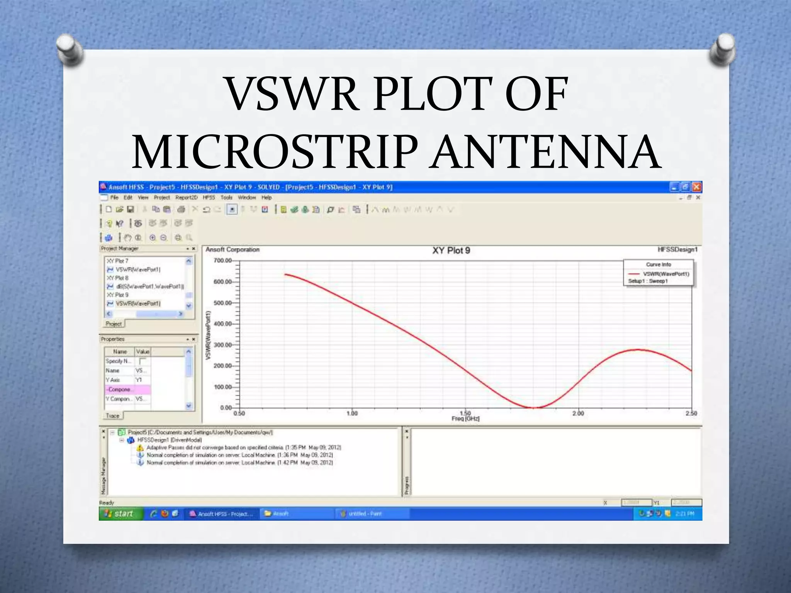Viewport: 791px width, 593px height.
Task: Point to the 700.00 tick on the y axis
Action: (x=223, y=261)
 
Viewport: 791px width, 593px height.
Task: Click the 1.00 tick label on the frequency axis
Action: (x=352, y=413)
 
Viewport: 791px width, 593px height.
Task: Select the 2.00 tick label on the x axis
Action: (x=578, y=413)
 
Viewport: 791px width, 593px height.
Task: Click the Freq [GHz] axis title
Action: (x=465, y=419)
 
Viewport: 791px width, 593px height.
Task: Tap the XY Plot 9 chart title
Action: (x=451, y=251)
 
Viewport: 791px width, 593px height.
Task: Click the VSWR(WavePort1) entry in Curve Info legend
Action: (x=666, y=274)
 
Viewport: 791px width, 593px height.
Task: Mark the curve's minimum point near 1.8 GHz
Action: (x=533, y=407)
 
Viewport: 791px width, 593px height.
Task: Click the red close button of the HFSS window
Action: (x=696, y=187)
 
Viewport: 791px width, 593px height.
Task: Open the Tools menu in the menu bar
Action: (x=226, y=198)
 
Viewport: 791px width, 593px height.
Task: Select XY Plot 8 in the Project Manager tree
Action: (x=117, y=278)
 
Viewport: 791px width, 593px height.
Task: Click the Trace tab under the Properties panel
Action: (x=113, y=416)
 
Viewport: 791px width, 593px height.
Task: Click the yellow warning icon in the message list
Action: (x=140, y=448)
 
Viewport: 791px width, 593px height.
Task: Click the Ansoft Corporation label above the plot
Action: (x=233, y=250)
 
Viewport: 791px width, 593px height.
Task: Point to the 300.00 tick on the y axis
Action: (x=223, y=345)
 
